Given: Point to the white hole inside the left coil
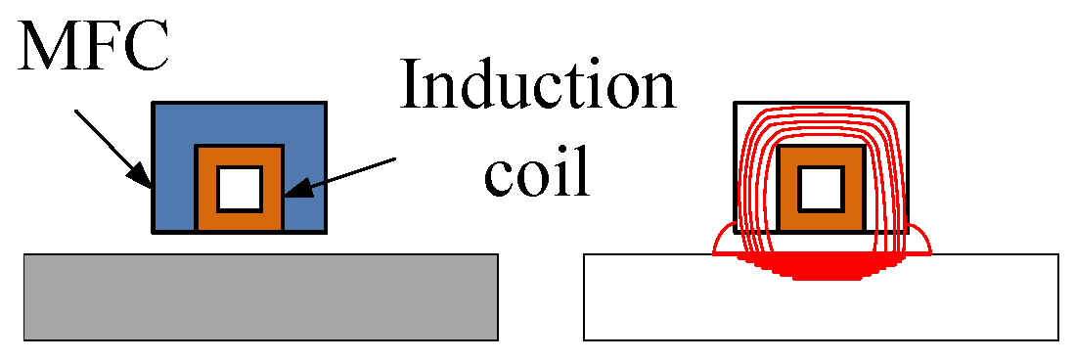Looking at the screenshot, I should (x=240, y=189).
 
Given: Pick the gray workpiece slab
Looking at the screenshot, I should (x=261, y=297).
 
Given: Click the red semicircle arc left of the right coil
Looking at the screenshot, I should (x=721, y=237).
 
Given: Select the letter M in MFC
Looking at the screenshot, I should (x=45, y=44).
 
